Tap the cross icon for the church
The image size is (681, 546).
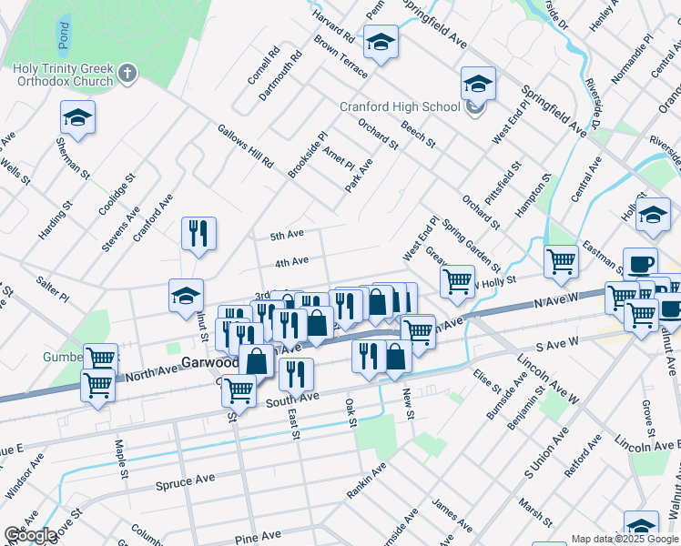(127, 71)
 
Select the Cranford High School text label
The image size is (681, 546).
(400, 106)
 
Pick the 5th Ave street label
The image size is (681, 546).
(287, 235)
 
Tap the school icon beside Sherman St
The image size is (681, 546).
(78, 118)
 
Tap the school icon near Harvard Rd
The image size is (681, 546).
(381, 42)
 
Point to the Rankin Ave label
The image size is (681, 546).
(366, 480)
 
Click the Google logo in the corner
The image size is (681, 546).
(30, 535)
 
